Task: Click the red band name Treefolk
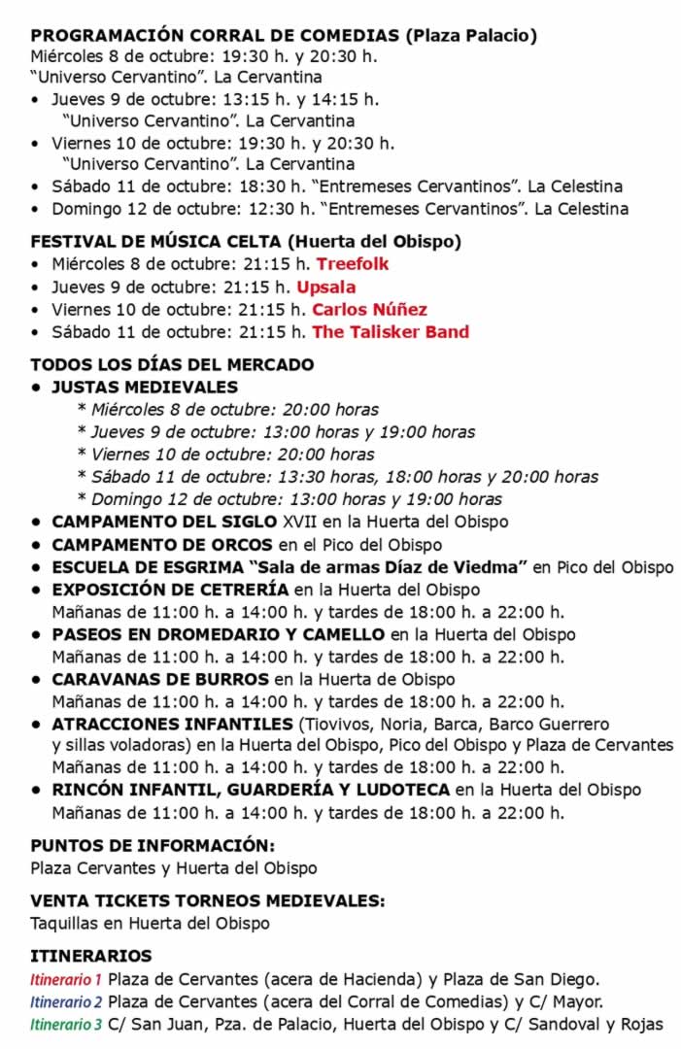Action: tap(353, 264)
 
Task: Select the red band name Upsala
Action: tap(325, 287)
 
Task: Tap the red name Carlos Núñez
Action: tap(369, 310)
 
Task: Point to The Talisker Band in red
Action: tap(390, 332)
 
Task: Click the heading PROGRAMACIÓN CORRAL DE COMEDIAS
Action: tap(214, 36)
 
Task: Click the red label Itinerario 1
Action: tap(66, 979)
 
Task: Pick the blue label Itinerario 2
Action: tap(66, 1001)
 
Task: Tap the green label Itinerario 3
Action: tap(66, 1024)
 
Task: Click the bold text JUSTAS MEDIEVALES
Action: tap(145, 387)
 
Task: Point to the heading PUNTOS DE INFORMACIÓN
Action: tap(153, 845)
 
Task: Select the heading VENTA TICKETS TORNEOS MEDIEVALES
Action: tap(207, 900)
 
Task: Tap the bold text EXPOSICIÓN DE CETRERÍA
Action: tap(170, 590)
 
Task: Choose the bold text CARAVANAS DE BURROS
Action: tap(159, 679)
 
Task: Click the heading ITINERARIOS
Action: tap(91, 956)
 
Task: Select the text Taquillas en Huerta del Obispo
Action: tap(150, 923)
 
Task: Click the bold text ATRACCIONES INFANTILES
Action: tap(172, 724)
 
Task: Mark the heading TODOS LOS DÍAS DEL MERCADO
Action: tap(172, 365)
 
